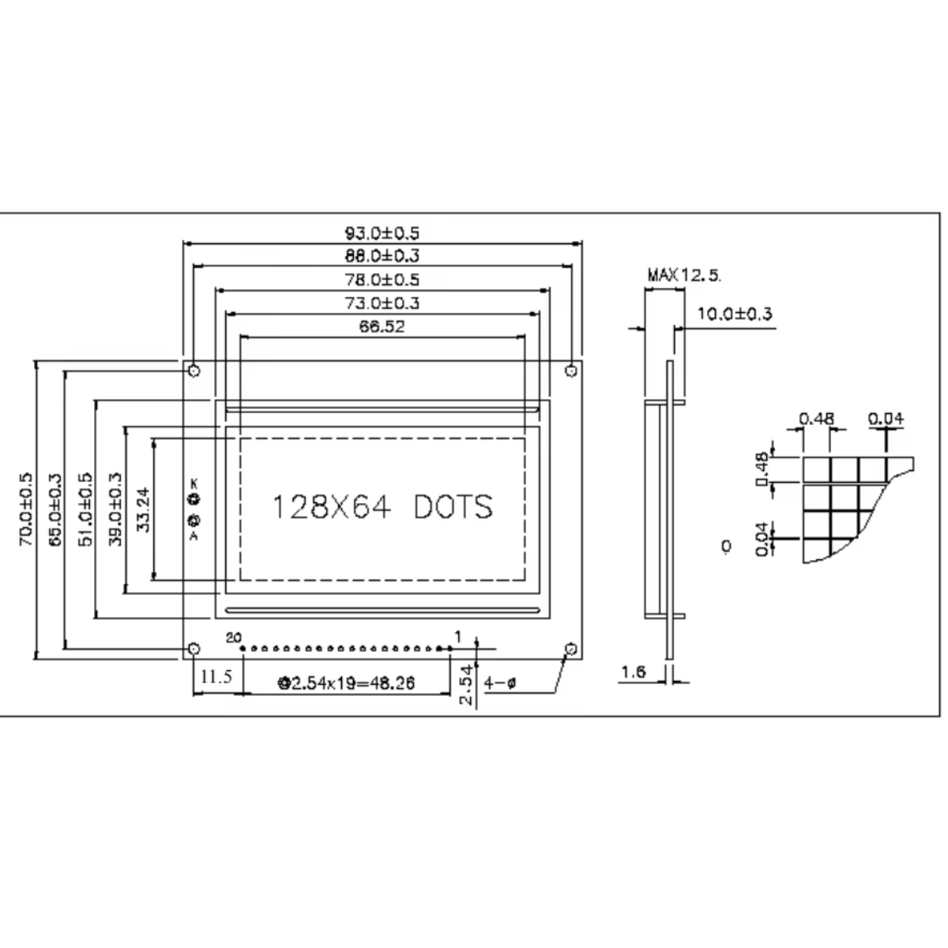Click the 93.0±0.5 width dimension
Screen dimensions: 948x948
382,233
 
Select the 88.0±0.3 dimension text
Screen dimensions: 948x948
382,256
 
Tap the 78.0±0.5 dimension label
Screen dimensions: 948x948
382,280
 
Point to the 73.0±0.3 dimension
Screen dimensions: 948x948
382,303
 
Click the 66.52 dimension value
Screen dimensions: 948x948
382,326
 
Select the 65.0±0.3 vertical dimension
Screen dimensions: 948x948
55,510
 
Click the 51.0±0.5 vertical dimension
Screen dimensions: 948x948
85,510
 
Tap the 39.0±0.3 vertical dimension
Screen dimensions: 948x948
115,510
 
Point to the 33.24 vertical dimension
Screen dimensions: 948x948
143,510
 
